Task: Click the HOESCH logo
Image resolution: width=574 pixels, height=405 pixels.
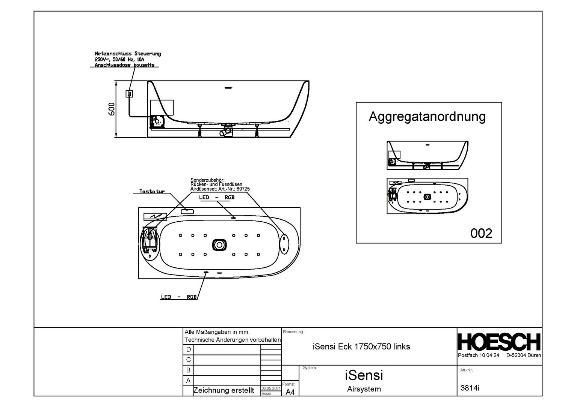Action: click(499, 342)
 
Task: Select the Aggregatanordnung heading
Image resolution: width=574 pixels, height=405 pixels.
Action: click(427, 117)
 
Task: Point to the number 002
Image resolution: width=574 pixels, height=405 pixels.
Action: click(481, 233)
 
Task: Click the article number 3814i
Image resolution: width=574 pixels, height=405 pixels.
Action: click(470, 388)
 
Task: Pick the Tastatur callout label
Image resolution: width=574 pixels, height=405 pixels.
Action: click(152, 192)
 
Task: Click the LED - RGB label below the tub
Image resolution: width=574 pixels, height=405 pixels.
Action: click(179, 297)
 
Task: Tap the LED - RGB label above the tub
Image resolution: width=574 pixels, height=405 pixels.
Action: click(216, 197)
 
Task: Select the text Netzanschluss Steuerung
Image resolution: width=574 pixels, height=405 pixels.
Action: click(128, 54)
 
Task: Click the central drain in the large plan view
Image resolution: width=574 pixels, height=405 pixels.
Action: click(219, 245)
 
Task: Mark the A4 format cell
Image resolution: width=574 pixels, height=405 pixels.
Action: click(290, 392)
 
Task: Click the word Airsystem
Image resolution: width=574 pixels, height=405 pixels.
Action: click(364, 389)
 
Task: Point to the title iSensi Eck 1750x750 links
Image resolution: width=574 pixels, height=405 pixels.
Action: click(361, 346)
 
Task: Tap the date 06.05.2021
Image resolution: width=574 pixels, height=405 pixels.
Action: click(271, 388)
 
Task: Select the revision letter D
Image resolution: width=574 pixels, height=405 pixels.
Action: click(189, 349)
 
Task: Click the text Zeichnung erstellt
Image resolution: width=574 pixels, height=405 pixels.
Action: click(224, 390)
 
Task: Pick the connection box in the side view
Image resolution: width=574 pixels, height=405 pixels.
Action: click(129, 94)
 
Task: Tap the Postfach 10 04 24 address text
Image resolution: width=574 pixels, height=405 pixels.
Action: click(479, 355)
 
